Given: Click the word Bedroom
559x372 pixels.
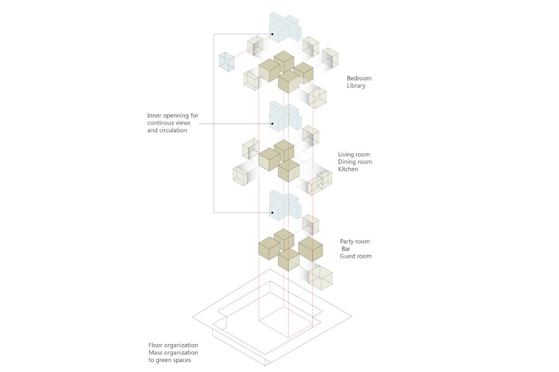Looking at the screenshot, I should point(359,78).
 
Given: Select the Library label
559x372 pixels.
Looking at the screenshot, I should point(356,86).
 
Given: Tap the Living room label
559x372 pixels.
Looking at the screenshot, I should point(355,154).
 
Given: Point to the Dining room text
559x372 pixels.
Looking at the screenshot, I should point(355,162).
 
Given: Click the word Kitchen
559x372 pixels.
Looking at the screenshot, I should point(348,169).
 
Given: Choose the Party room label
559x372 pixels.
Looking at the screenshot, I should point(355,242).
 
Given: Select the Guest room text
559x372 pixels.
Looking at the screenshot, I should point(356,256).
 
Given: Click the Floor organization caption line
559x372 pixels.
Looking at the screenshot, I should point(173,345).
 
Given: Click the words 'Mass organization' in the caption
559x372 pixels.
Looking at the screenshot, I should point(174,353).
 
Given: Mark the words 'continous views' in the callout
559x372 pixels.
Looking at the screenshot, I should point(172,123).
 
